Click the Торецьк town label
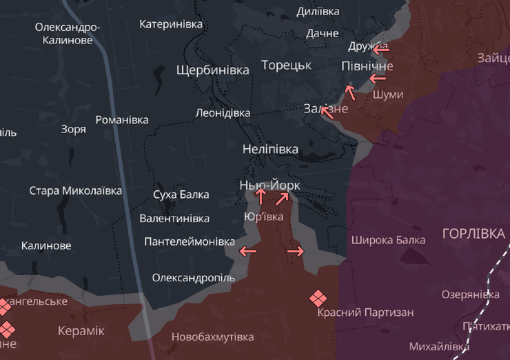(x=286, y=65)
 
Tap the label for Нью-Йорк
(x=270, y=185)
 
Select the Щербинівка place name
(x=213, y=70)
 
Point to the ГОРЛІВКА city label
(x=473, y=234)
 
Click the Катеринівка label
(x=171, y=24)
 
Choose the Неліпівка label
(x=270, y=149)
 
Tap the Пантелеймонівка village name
(x=190, y=242)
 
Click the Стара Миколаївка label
(x=75, y=190)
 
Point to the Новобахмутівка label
(x=212, y=337)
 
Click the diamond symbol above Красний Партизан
(x=317, y=298)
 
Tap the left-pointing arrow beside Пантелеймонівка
(x=247, y=252)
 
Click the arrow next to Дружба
(x=380, y=50)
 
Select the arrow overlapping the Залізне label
(x=327, y=112)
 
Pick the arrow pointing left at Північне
(x=378, y=79)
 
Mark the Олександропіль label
(x=193, y=278)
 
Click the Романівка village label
(x=122, y=120)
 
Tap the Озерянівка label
(x=470, y=294)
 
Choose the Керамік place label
(x=81, y=331)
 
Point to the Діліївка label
(x=318, y=12)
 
